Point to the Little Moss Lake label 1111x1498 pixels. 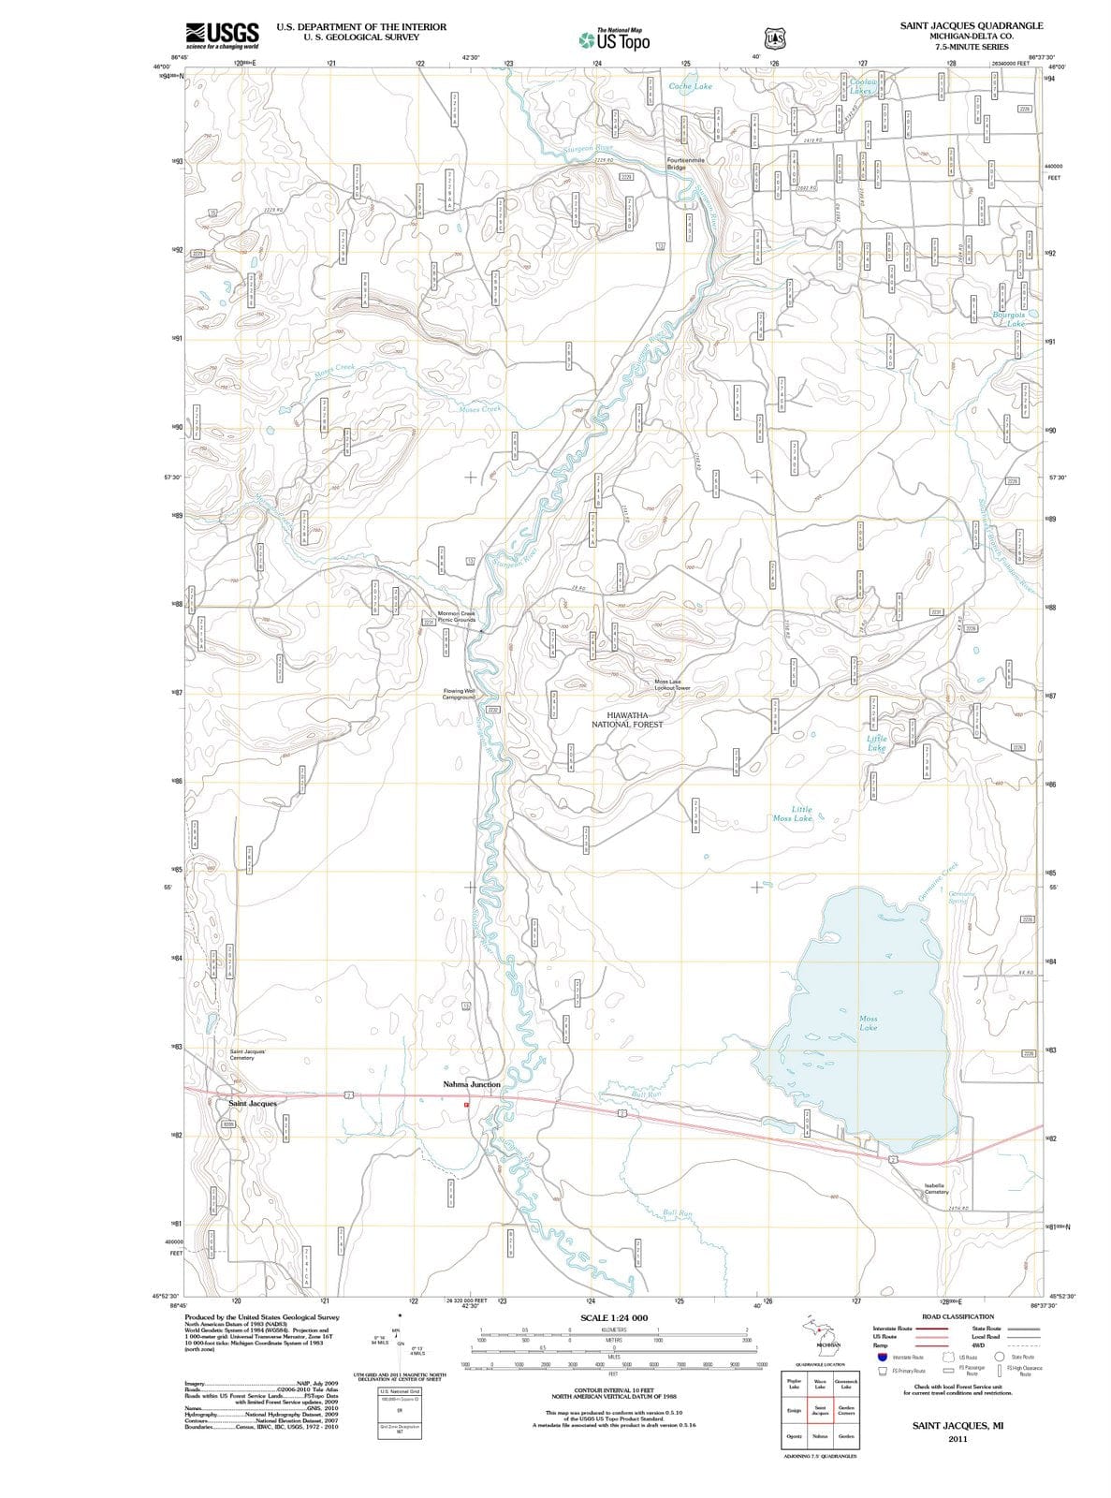point(794,814)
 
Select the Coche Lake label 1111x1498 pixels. point(691,86)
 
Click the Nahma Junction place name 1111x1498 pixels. point(472,1084)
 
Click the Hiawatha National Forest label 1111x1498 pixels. point(634,719)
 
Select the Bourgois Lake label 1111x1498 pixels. point(1008,319)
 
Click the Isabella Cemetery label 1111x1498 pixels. point(936,1188)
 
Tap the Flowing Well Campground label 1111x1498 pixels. point(460,694)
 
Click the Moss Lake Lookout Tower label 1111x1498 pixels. point(671,684)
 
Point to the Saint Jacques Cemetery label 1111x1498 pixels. point(248,1054)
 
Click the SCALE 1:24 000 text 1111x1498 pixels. point(614,1317)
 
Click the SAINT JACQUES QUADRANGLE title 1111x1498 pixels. point(971,25)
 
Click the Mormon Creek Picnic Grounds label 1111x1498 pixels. point(457,616)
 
